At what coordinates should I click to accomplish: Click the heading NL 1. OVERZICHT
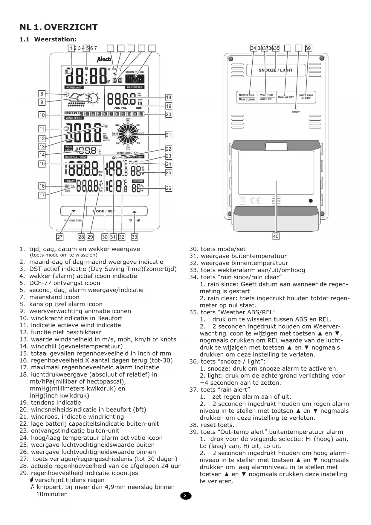59,28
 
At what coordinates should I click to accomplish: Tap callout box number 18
169,97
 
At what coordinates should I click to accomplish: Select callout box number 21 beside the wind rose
169,135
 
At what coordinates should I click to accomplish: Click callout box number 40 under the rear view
276,236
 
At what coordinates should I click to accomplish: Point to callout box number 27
60,237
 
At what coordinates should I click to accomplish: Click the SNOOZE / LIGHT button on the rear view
276,70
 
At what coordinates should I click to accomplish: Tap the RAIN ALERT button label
286,97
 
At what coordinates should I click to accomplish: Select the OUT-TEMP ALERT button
306,97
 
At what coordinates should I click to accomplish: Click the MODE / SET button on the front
105,211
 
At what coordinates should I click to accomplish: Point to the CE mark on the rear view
255,201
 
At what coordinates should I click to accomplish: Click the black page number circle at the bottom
185,496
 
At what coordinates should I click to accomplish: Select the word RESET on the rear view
296,112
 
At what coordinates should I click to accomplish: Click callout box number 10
42,115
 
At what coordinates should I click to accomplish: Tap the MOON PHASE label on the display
135,72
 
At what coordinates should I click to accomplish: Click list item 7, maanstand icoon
54,297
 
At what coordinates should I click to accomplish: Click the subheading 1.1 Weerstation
48,39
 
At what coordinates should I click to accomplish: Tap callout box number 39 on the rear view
308,48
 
